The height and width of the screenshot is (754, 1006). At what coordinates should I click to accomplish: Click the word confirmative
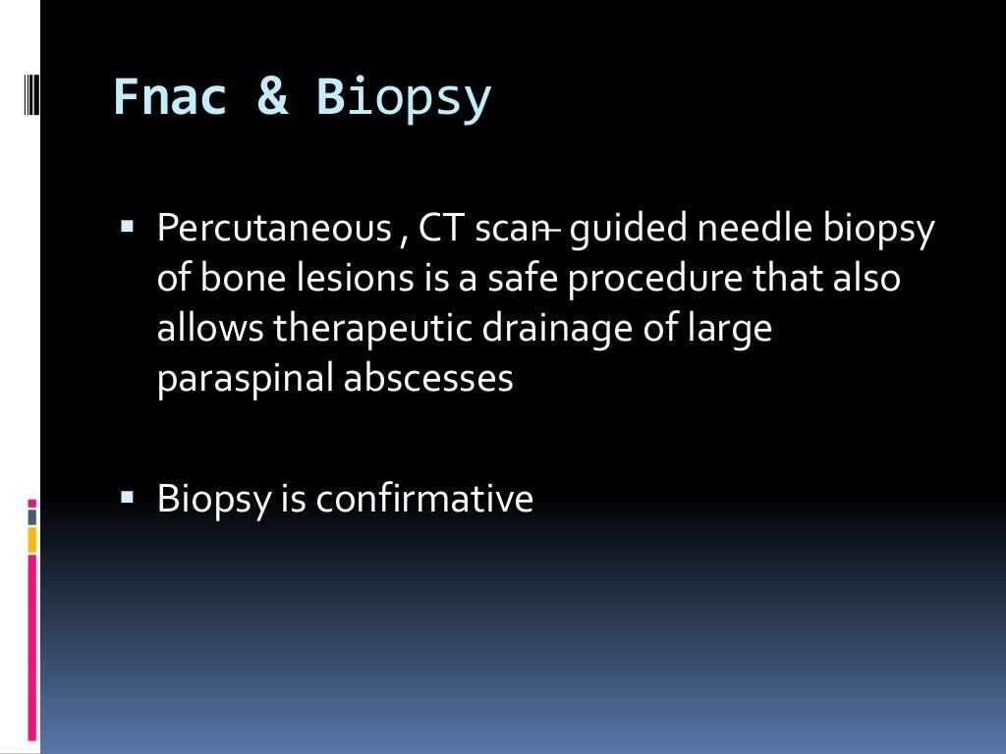pyautogui.click(x=424, y=499)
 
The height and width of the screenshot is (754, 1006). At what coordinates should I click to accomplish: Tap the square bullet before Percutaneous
pyautogui.click(x=127, y=227)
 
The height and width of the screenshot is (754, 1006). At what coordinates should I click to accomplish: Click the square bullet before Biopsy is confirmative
pyautogui.click(x=127, y=497)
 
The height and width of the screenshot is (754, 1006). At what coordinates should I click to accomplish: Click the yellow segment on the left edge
pyautogui.click(x=31, y=539)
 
